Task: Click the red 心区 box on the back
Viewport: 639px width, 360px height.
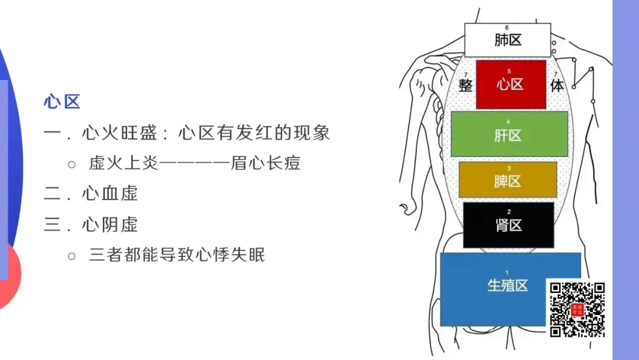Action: pyautogui.click(x=511, y=84)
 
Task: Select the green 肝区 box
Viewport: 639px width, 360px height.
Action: pyautogui.click(x=509, y=135)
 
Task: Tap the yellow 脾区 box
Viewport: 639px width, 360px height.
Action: pyautogui.click(x=508, y=180)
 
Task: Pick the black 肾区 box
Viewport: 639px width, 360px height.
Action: pyautogui.click(x=508, y=225)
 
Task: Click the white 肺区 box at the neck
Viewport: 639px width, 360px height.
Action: pyautogui.click(x=508, y=40)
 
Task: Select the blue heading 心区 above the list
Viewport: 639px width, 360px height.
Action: pyautogui.click(x=62, y=102)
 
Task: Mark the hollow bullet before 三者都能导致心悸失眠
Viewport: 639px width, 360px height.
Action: pyautogui.click(x=72, y=256)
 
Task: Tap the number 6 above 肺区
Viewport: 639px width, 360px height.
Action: pyautogui.click(x=507, y=28)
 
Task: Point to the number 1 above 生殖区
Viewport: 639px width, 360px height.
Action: pyautogui.click(x=507, y=272)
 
